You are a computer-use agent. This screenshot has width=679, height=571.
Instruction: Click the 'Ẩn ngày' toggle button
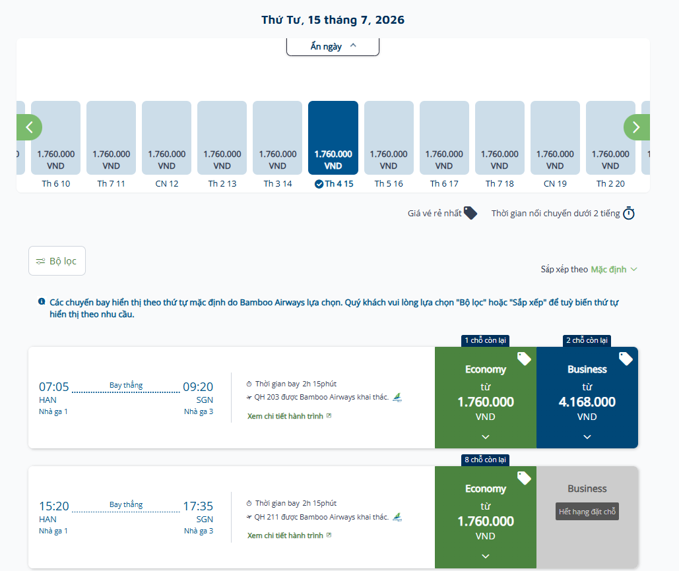333,46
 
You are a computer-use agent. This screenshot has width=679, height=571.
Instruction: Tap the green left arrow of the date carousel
29,127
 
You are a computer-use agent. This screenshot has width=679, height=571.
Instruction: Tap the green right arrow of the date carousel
637,127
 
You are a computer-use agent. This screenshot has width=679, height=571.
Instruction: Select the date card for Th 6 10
56,138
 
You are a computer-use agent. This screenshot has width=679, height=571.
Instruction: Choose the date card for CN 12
167,138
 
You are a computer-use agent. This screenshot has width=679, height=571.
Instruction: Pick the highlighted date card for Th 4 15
333,138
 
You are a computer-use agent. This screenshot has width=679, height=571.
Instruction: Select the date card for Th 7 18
500,138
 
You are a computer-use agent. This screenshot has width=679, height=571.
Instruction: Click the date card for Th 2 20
610,138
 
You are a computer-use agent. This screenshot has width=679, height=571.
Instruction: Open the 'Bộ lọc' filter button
57,261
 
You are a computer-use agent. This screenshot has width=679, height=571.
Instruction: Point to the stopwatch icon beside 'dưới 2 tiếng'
629,213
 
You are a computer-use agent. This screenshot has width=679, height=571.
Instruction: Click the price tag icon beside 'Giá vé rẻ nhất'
470,213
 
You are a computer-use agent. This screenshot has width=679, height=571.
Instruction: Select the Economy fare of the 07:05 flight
486,398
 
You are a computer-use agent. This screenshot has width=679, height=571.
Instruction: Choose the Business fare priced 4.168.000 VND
587,398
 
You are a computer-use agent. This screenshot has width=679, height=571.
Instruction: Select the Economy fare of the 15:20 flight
486,517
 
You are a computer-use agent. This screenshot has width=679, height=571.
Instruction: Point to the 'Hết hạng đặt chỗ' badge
587,511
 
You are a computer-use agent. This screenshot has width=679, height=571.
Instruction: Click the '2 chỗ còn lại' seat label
587,340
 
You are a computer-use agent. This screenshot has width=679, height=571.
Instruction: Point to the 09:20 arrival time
198,387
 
